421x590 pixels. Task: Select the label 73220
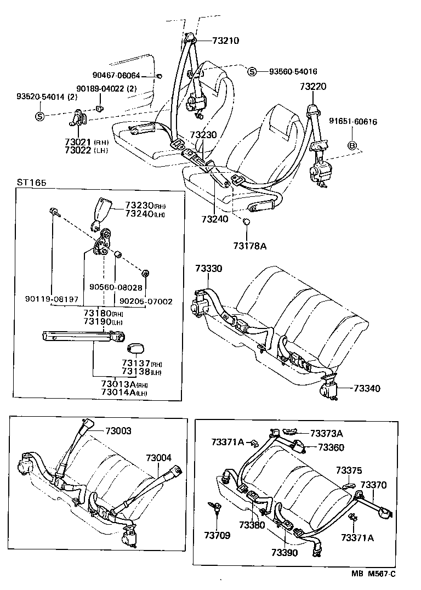pyautogui.click(x=313, y=86)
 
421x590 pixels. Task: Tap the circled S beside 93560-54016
pyautogui.click(x=252, y=72)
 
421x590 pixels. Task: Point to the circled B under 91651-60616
pyautogui.click(x=353, y=145)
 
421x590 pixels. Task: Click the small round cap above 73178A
pyautogui.click(x=247, y=222)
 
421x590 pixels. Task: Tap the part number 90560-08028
pyautogui.click(x=116, y=287)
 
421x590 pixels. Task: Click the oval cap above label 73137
pyautogui.click(x=135, y=349)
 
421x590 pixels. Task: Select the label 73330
pyautogui.click(x=208, y=268)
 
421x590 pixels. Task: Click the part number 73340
pyautogui.click(x=367, y=388)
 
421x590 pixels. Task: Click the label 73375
pyautogui.click(x=349, y=470)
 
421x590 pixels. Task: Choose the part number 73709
pyautogui.click(x=219, y=534)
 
